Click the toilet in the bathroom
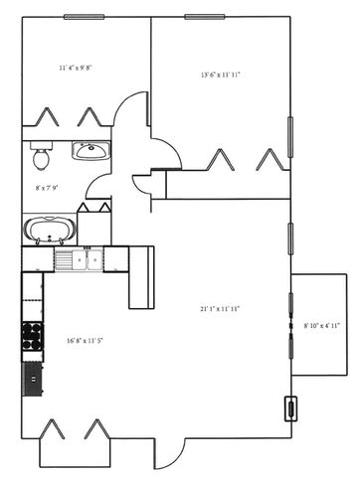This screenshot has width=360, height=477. [x=41, y=156]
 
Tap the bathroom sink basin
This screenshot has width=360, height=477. [x=90, y=151]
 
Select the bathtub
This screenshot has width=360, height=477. [x=50, y=230]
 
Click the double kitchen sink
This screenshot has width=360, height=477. [x=88, y=259]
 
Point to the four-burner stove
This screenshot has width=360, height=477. [x=33, y=336]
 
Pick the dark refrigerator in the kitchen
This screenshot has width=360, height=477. [x=33, y=380]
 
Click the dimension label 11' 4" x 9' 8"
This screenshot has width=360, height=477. [x=76, y=69]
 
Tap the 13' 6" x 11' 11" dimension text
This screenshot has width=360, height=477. [x=221, y=76]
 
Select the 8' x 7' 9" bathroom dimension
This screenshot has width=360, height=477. [x=47, y=188]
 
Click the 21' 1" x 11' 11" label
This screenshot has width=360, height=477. [x=220, y=309]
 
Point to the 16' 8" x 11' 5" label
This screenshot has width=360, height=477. [x=86, y=340]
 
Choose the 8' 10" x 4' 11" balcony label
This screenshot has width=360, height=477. [x=322, y=326]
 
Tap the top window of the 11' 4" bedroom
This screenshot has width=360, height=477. [x=85, y=17]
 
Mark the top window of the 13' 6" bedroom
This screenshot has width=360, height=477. [x=205, y=17]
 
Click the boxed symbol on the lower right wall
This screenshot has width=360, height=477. [x=291, y=409]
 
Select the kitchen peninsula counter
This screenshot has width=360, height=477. [x=141, y=277]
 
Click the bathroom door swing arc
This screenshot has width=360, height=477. [x=98, y=186]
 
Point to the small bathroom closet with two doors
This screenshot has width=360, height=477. [x=94, y=225]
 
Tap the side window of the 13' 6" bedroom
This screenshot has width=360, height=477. [x=290, y=137]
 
